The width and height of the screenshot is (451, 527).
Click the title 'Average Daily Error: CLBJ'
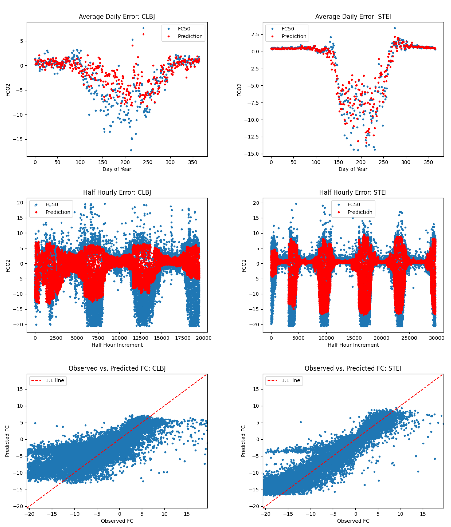(117, 17)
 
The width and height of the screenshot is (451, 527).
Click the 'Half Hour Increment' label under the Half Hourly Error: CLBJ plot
(117, 345)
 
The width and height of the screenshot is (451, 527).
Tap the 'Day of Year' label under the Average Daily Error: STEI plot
(353, 169)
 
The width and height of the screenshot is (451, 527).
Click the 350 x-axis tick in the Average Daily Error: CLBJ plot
(192, 162)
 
